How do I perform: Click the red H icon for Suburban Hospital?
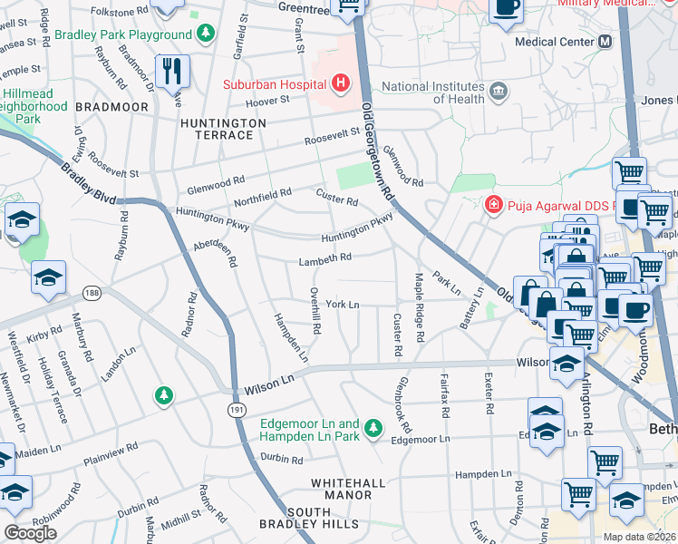340,85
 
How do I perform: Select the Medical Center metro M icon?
605,42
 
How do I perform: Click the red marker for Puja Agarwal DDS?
492,205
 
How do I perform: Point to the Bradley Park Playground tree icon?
207,34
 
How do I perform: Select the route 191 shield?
234,410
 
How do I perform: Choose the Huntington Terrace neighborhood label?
216,129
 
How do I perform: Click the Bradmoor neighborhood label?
111,106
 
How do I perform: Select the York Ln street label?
344,305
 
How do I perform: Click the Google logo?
30,533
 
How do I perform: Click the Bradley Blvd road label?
90,183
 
